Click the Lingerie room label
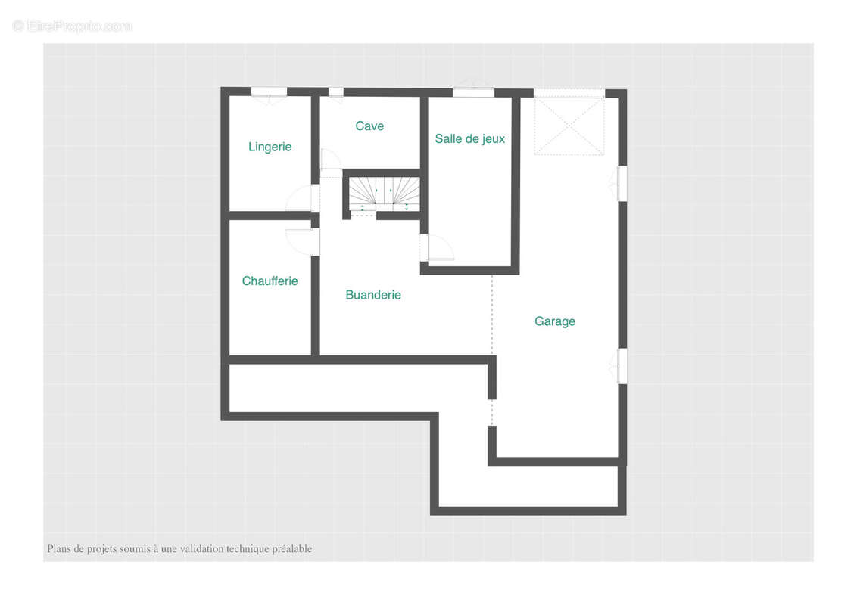[270, 147]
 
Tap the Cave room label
[369, 126]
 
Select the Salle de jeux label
[470, 138]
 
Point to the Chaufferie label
[270, 281]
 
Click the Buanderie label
[373, 295]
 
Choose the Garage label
[555, 321]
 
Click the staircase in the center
[385, 194]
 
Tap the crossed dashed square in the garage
[569, 126]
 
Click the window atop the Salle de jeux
[474, 92]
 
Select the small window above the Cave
[335, 92]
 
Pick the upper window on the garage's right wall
[622, 184]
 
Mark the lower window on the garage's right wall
[622, 366]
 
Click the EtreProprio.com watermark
[72, 26]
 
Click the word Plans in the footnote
[58, 549]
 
